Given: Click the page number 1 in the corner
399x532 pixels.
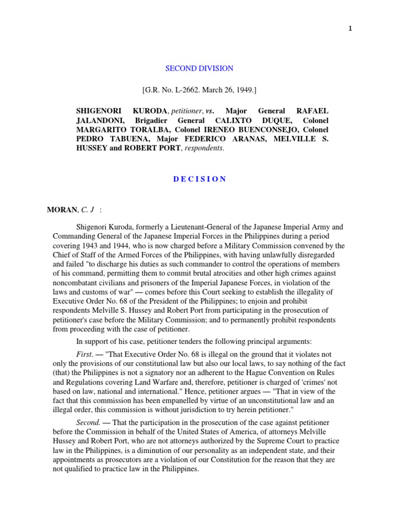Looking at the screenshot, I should pos(350,29).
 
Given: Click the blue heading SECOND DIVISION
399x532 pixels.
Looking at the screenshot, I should pos(199,69).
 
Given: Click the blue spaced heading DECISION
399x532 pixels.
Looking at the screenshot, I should pos(199,179).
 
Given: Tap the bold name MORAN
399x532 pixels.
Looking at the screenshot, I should pos(61,210).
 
